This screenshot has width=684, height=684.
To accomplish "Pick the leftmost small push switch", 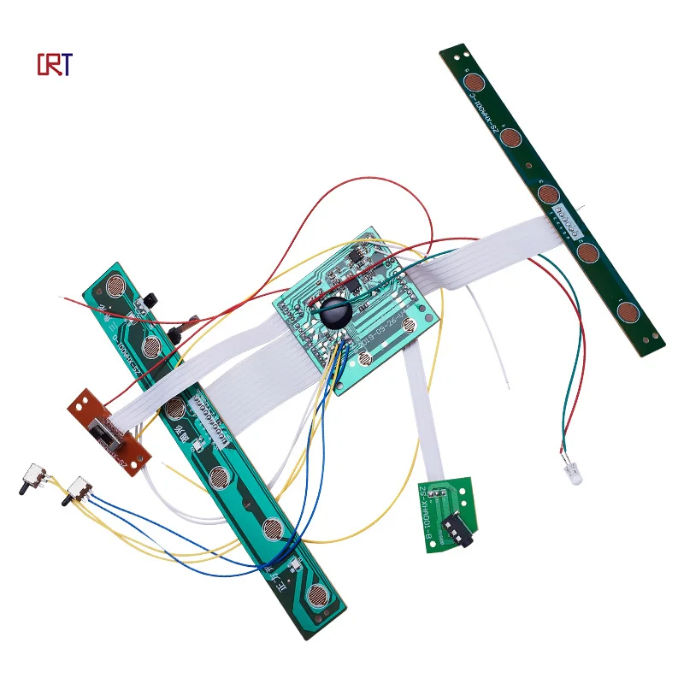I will [33, 477].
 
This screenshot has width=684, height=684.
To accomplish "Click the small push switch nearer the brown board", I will [80, 488].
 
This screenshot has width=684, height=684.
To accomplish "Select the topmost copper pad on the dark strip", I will [475, 83].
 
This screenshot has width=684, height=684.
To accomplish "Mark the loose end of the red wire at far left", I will [62, 298].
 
